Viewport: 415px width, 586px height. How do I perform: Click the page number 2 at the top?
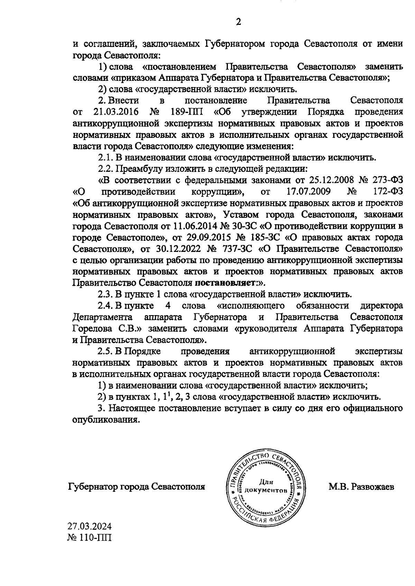tap(238, 22)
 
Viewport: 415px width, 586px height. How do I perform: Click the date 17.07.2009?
tap(308, 191)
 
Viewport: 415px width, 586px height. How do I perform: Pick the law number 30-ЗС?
tap(245, 226)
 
